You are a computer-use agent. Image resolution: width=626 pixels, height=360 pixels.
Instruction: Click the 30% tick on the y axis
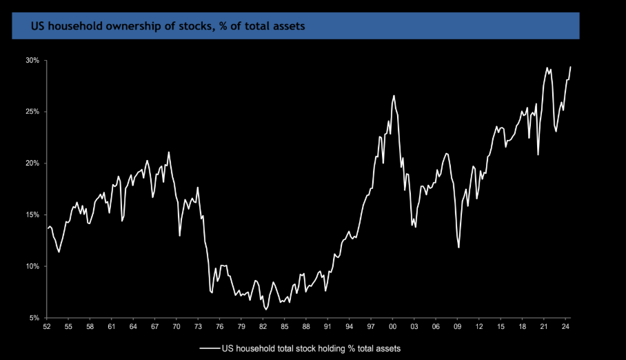point(33,61)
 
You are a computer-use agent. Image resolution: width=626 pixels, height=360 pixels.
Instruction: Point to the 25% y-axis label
point(33,112)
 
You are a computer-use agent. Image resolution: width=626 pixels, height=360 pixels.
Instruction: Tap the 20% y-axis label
point(33,163)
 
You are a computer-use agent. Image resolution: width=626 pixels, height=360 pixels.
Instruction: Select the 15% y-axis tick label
point(33,215)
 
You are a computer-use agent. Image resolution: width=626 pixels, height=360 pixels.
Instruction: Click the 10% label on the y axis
point(33,266)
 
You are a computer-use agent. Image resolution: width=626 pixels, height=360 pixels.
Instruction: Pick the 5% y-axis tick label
point(34,318)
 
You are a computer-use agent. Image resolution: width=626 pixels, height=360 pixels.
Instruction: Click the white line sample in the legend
point(210,348)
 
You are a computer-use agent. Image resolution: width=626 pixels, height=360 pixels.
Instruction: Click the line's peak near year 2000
point(394,95)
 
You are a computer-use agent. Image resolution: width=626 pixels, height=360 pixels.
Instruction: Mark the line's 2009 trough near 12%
point(458,248)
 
